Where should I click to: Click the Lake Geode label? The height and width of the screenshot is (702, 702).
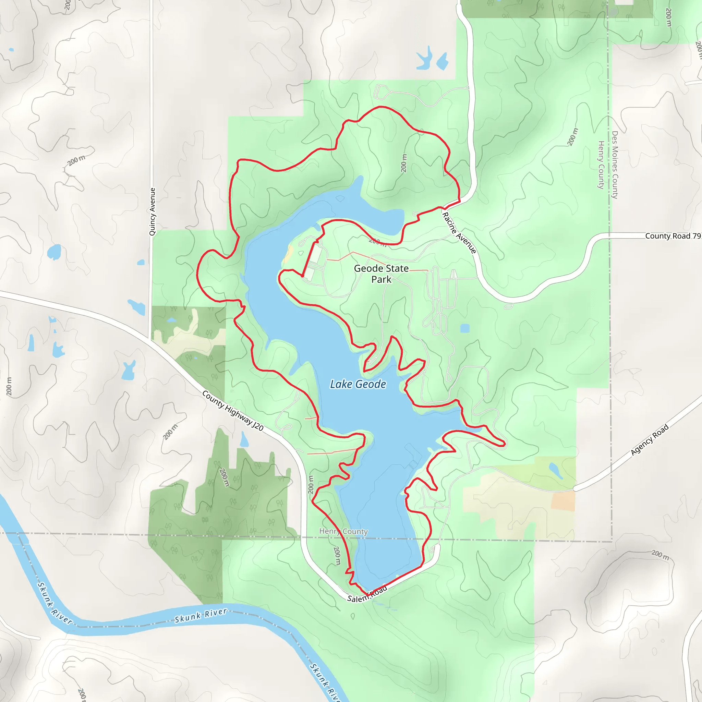(x=358, y=384)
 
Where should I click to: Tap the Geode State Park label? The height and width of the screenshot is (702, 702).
(x=381, y=274)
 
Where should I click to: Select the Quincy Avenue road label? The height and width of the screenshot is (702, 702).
(x=153, y=211)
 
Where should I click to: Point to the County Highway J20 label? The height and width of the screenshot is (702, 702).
(x=232, y=411)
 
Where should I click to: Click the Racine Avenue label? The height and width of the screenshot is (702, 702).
(x=459, y=233)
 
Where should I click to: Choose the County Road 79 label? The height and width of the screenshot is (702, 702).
(x=673, y=236)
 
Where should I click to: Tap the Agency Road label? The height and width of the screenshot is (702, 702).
(x=649, y=440)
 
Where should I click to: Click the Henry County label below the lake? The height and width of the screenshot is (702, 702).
(x=343, y=531)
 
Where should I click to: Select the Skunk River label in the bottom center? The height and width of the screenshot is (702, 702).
(x=201, y=616)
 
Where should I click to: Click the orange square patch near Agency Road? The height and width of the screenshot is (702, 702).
(x=563, y=501)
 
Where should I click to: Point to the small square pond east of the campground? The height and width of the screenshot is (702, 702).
(x=464, y=328)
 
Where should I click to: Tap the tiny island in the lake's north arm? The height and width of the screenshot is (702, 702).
(x=340, y=198)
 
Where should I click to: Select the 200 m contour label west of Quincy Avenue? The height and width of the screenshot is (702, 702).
(x=76, y=160)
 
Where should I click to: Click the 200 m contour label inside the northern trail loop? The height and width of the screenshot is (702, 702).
(x=404, y=163)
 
